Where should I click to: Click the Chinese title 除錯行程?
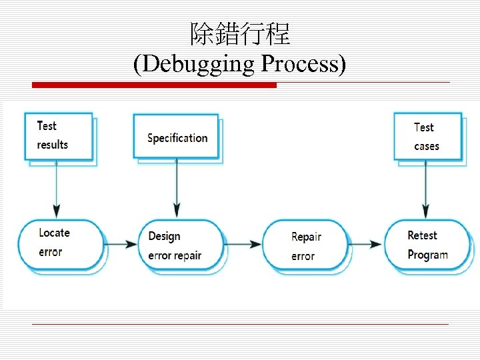[240, 34]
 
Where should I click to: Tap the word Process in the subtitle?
[303, 65]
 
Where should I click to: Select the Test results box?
[58, 136]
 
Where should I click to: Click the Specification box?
[176, 137]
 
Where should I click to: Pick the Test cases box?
[427, 137]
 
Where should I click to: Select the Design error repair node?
[181, 245]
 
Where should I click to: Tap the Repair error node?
[305, 245]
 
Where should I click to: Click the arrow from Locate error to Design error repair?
[120, 244]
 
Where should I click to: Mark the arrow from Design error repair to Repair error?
[243, 245]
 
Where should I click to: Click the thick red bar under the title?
[154, 85]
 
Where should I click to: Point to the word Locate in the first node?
[54, 233]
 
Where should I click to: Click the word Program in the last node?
[427, 255]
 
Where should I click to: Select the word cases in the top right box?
[427, 146]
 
